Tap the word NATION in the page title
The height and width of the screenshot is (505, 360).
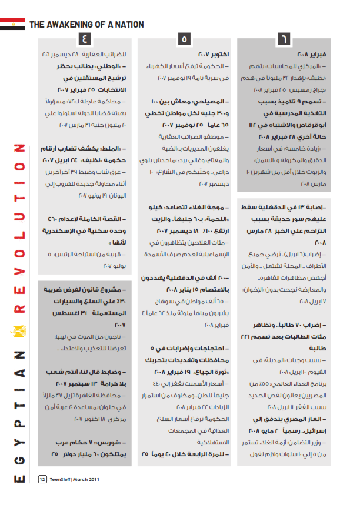[x=128, y=25]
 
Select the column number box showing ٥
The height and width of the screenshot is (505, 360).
[x=184, y=39]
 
